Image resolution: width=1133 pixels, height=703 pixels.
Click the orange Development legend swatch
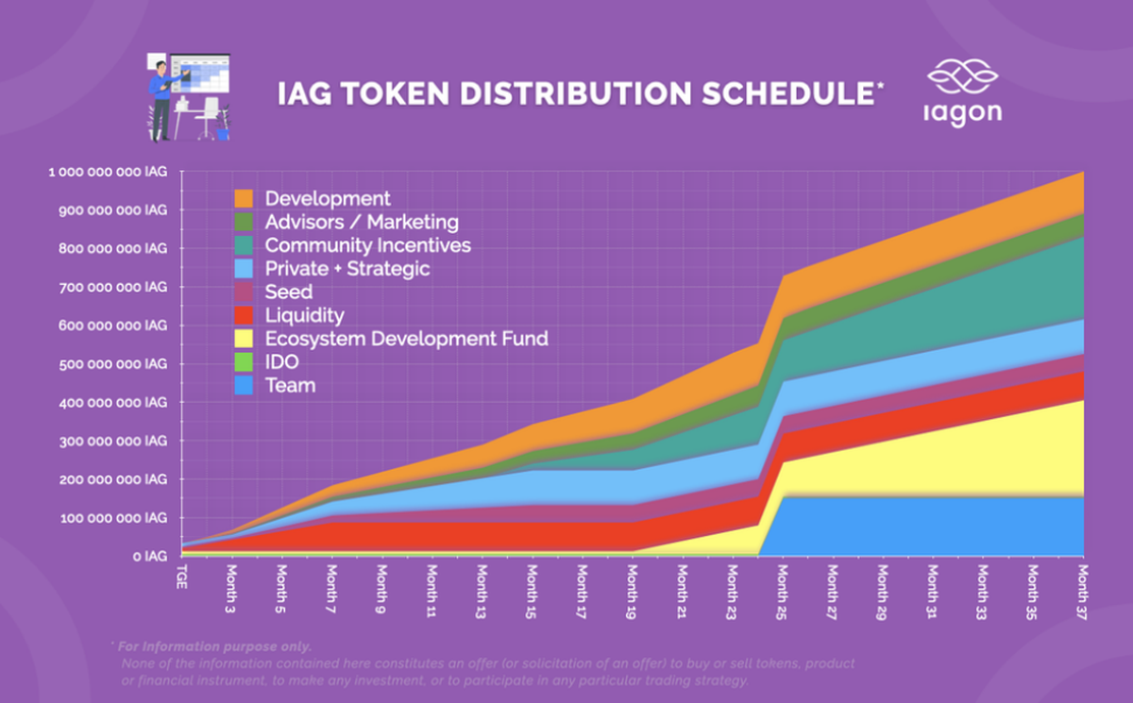point(244,199)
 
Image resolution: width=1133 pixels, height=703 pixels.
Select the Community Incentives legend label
point(367,245)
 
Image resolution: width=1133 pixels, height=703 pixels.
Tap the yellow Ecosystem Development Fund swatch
point(244,339)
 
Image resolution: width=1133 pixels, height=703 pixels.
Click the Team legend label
point(290,385)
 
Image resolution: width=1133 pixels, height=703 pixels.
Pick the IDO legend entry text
point(283,361)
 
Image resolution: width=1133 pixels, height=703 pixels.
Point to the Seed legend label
point(288,292)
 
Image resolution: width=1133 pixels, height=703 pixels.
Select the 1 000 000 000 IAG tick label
point(108,173)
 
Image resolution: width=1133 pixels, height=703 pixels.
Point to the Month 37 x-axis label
point(1082,590)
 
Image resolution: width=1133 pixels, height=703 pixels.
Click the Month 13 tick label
point(482,590)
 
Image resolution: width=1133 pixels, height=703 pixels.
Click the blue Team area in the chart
point(925,526)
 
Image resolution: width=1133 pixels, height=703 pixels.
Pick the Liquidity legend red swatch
point(244,315)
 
